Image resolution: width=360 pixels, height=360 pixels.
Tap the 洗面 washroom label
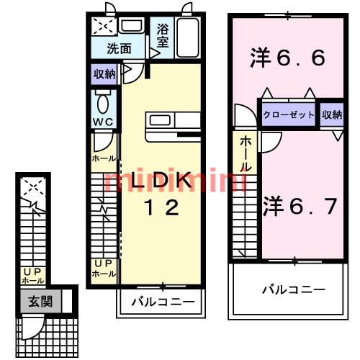[119, 49]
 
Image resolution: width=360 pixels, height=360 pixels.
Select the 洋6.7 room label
[300, 207]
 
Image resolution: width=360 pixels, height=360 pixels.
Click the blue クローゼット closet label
[289, 114]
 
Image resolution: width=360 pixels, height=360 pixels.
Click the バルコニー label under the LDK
[162, 302]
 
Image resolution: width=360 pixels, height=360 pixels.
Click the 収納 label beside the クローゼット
[332, 114]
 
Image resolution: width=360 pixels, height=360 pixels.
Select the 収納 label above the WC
[104, 74]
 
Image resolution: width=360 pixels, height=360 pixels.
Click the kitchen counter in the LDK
[174, 126]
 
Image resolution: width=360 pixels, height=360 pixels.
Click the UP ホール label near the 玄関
[33, 276]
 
